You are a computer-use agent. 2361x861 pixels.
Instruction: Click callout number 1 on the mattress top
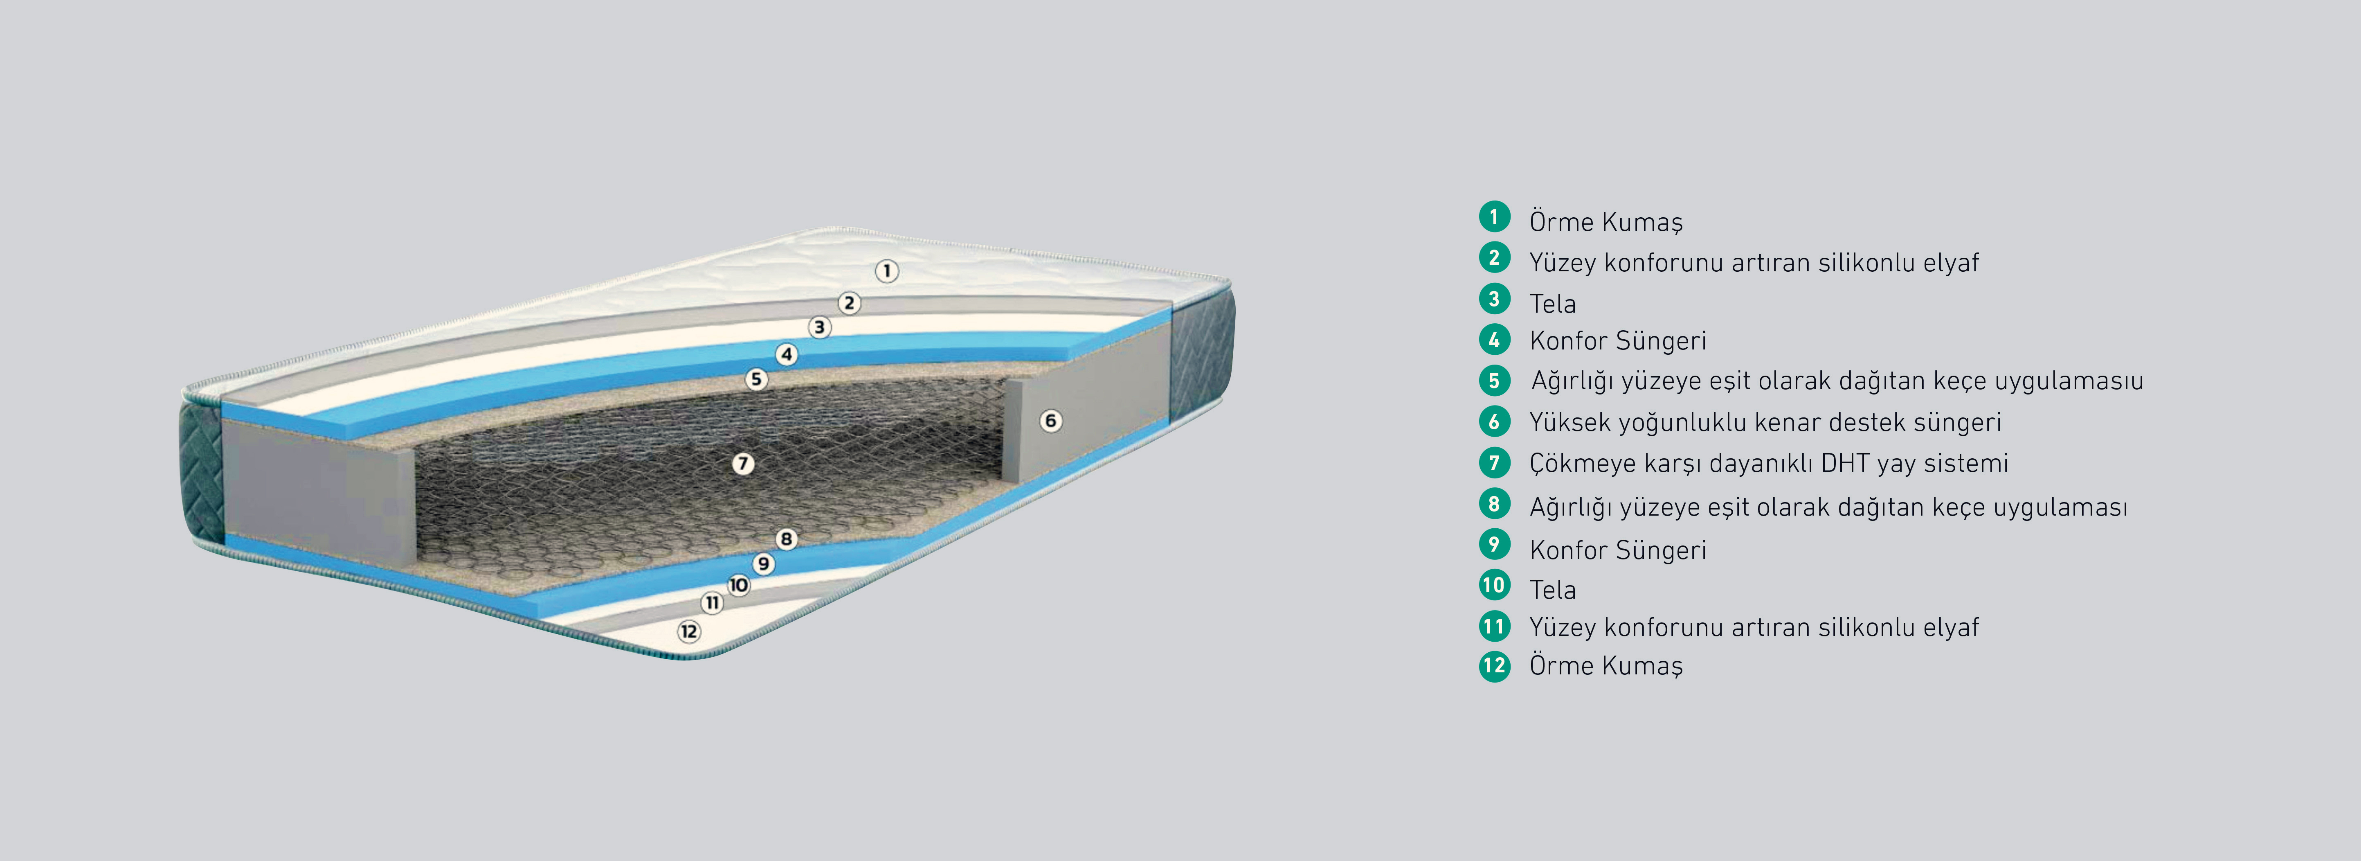coord(886,271)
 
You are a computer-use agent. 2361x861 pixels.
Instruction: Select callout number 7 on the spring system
coord(743,464)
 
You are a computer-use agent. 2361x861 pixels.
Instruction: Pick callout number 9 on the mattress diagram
coord(763,564)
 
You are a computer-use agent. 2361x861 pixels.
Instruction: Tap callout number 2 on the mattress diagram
coord(850,302)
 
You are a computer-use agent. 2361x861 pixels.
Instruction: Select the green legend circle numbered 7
coord(1494,462)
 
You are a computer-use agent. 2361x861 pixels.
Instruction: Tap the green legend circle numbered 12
coord(1494,666)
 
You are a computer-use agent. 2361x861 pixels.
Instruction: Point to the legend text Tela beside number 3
coord(1553,304)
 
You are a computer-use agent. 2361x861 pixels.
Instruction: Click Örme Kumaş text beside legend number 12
coord(1606,666)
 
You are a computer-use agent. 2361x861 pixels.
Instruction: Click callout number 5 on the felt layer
coord(756,379)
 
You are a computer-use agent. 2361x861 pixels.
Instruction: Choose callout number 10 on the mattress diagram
coord(739,585)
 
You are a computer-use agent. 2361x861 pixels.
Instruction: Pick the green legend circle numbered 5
coord(1494,381)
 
